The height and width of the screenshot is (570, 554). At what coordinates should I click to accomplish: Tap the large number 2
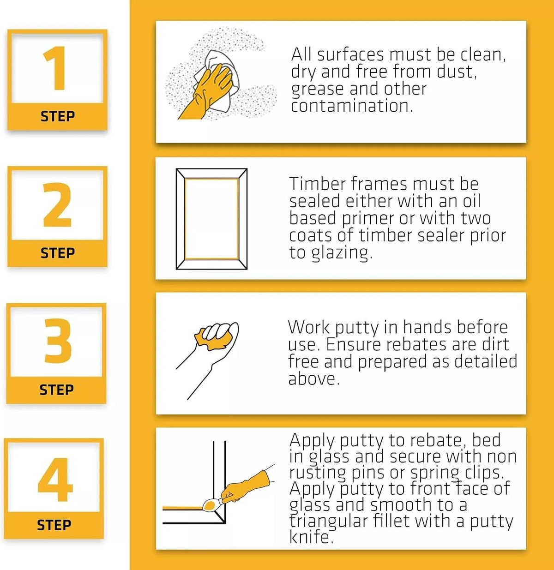(x=57, y=205)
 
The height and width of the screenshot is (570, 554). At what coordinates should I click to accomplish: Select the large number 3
(x=58, y=341)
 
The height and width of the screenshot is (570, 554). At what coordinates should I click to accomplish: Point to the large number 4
(x=55, y=480)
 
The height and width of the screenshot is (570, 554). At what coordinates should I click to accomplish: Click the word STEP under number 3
(x=56, y=390)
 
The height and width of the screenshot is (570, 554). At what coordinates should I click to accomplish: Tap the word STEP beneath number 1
(x=58, y=116)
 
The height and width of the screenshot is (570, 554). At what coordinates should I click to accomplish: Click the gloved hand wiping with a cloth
(x=205, y=91)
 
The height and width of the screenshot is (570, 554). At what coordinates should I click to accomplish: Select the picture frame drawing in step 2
(x=211, y=219)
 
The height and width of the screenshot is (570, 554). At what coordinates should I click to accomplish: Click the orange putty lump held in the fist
(x=214, y=339)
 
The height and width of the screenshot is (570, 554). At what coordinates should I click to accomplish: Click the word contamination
(x=352, y=106)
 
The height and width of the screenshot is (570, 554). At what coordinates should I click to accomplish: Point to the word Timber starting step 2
(x=317, y=184)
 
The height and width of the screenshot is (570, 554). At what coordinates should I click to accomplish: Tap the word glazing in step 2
(x=342, y=253)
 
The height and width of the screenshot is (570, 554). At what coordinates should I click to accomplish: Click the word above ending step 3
(x=313, y=378)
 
